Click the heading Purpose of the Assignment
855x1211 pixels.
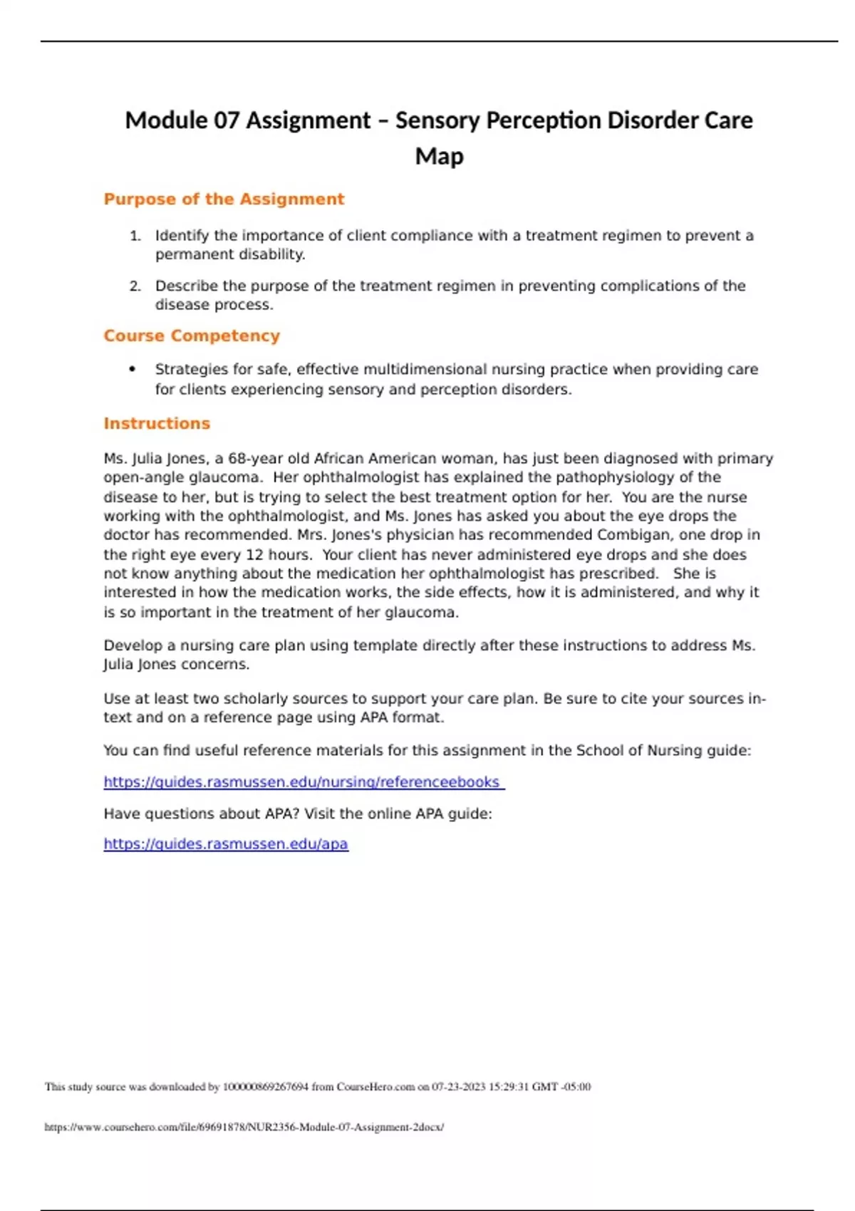(x=224, y=199)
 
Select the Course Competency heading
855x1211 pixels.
(x=192, y=336)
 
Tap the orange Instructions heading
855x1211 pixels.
(x=157, y=424)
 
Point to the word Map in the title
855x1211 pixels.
(x=439, y=157)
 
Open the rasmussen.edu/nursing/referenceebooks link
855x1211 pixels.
(x=304, y=782)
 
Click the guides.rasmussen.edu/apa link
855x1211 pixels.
(x=226, y=844)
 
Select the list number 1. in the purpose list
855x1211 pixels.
(x=135, y=236)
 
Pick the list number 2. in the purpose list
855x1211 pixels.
(x=135, y=286)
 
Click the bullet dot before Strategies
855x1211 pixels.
(x=132, y=369)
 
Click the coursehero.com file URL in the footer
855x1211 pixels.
(x=244, y=1127)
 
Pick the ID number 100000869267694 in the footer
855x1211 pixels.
(x=266, y=1087)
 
